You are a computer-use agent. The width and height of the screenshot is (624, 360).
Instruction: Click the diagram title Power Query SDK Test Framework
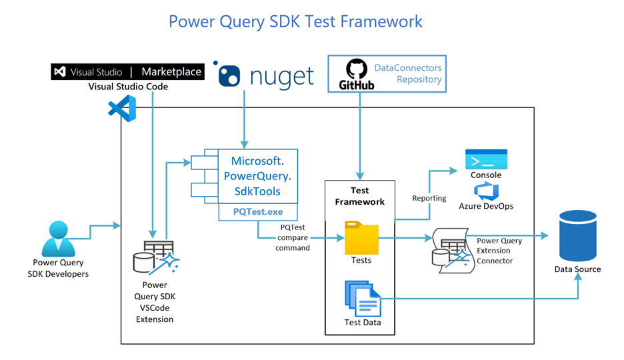[x=295, y=21]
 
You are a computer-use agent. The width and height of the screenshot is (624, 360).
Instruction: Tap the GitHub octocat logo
[x=356, y=70]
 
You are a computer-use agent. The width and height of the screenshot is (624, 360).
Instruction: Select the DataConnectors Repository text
[x=408, y=73]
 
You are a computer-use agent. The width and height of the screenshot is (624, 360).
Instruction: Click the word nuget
[x=281, y=76]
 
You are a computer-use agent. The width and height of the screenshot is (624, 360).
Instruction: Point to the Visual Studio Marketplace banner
[x=127, y=72]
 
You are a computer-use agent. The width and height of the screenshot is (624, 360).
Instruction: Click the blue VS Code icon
[x=123, y=108]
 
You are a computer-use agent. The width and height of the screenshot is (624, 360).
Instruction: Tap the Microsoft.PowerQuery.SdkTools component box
[x=257, y=176]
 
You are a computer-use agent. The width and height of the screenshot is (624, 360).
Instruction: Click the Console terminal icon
[x=486, y=159]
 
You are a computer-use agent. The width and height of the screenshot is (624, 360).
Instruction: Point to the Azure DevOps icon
[x=486, y=191]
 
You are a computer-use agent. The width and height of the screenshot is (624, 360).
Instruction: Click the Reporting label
[x=429, y=198]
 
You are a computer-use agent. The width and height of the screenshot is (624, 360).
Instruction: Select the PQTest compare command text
[x=293, y=238]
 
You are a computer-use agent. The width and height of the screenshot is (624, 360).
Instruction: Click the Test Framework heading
[x=359, y=196]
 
